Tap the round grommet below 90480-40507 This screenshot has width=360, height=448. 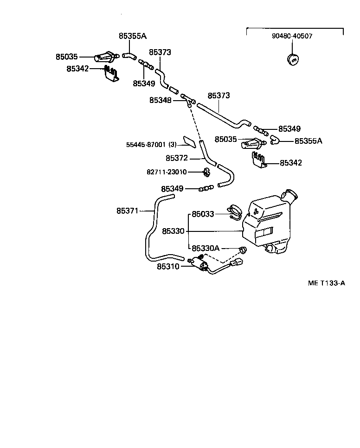pyautogui.click(x=293, y=59)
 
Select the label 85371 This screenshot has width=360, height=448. pyautogui.click(x=128, y=211)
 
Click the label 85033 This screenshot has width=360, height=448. pyautogui.click(x=203, y=214)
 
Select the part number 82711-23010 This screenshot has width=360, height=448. pyautogui.click(x=167, y=172)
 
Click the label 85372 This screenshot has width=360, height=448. pyautogui.click(x=177, y=158)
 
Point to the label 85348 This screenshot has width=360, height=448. pyautogui.click(x=161, y=100)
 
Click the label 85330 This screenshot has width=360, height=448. pyautogui.click(x=174, y=231)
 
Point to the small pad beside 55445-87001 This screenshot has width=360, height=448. pyautogui.click(x=189, y=141)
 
